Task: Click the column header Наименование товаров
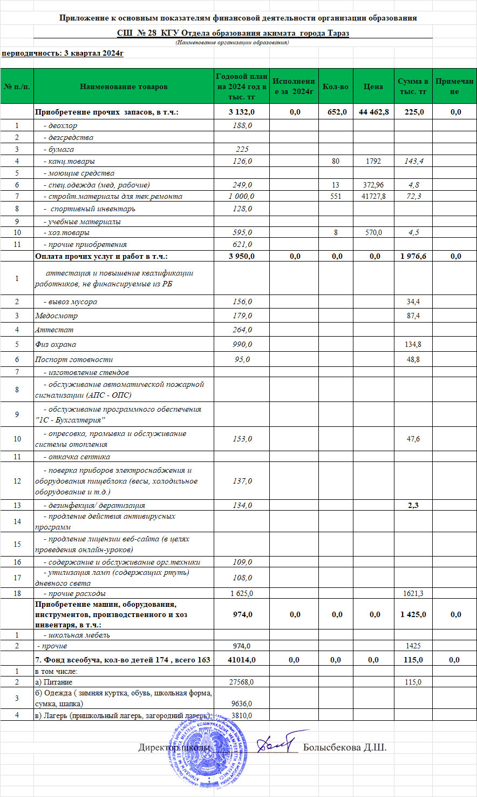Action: click(124, 86)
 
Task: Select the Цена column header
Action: click(373, 86)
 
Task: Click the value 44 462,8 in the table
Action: click(373, 112)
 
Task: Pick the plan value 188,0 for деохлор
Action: click(242, 125)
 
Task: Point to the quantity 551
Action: click(336, 196)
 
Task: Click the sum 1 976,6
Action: click(413, 256)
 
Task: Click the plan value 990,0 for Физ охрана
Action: click(242, 344)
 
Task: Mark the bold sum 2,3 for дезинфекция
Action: click(413, 505)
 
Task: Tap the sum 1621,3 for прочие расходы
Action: click(413, 593)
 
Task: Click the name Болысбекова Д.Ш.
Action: click(345, 748)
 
